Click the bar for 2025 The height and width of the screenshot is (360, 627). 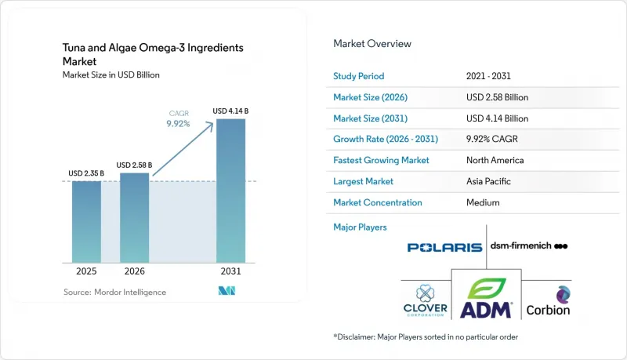tap(86, 222)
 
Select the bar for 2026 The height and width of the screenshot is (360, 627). tap(134, 218)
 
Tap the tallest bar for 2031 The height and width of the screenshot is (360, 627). tap(230, 191)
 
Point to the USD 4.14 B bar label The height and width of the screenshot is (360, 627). tap(230, 111)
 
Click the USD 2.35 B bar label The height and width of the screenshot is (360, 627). tap(86, 173)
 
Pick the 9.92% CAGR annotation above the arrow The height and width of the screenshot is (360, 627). tap(179, 119)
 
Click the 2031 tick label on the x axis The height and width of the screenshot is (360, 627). tap(230, 271)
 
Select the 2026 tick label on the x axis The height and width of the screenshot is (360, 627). tap(134, 271)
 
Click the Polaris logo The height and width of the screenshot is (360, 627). tap(444, 248)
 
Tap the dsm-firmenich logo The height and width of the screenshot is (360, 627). tap(529, 245)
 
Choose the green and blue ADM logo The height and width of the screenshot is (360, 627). tap(486, 298)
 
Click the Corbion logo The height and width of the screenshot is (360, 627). tap(548, 301)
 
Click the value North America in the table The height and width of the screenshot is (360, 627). tap(495, 161)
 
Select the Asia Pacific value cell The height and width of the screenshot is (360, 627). tap(488, 182)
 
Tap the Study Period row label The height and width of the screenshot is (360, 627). tap(359, 76)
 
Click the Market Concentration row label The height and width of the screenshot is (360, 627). tap(378, 203)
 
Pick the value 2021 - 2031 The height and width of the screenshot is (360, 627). tap(488, 76)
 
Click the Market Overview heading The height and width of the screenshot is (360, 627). tap(372, 44)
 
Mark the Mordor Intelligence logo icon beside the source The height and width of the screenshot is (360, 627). tap(227, 291)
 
